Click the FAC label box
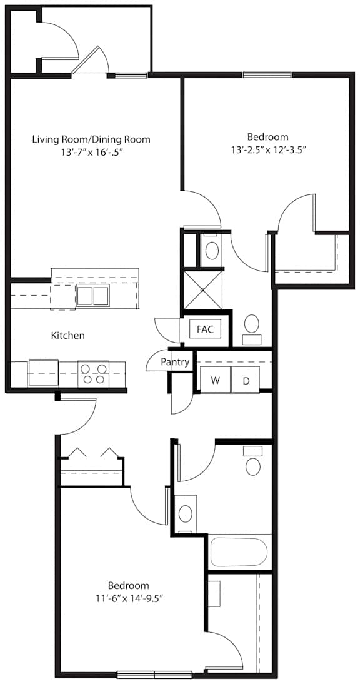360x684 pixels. click(x=205, y=329)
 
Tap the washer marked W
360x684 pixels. click(x=215, y=380)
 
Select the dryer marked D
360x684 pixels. click(x=246, y=380)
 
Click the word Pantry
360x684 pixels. click(x=175, y=362)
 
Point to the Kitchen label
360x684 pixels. click(x=68, y=336)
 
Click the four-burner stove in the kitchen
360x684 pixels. click(x=94, y=374)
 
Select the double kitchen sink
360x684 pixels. click(x=93, y=296)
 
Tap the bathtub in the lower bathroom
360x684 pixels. click(x=238, y=552)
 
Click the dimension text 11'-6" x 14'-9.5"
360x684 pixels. click(x=129, y=598)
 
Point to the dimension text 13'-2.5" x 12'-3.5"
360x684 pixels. click(x=267, y=149)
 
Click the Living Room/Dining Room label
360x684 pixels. click(x=91, y=139)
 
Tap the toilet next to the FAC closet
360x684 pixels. click(x=251, y=329)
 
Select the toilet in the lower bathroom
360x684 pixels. click(x=252, y=461)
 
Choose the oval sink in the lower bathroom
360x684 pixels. click(x=186, y=513)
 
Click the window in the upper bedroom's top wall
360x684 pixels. click(x=267, y=74)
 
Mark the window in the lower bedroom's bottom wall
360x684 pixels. click(x=155, y=675)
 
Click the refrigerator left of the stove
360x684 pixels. click(x=43, y=373)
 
